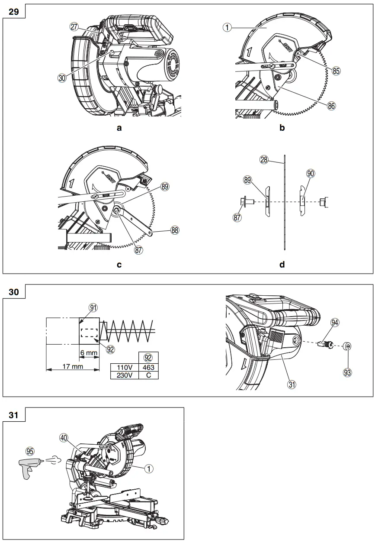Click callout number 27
pos(74,26)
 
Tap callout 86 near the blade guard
pos(332,105)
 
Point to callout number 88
pos(175,230)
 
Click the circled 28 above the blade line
pos(264,160)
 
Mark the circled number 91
pos(93,307)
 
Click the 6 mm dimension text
pos(89,353)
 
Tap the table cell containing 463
pos(148,367)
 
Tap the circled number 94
pos(334,323)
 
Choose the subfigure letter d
pos(282,265)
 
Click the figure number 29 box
pos(14,11)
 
